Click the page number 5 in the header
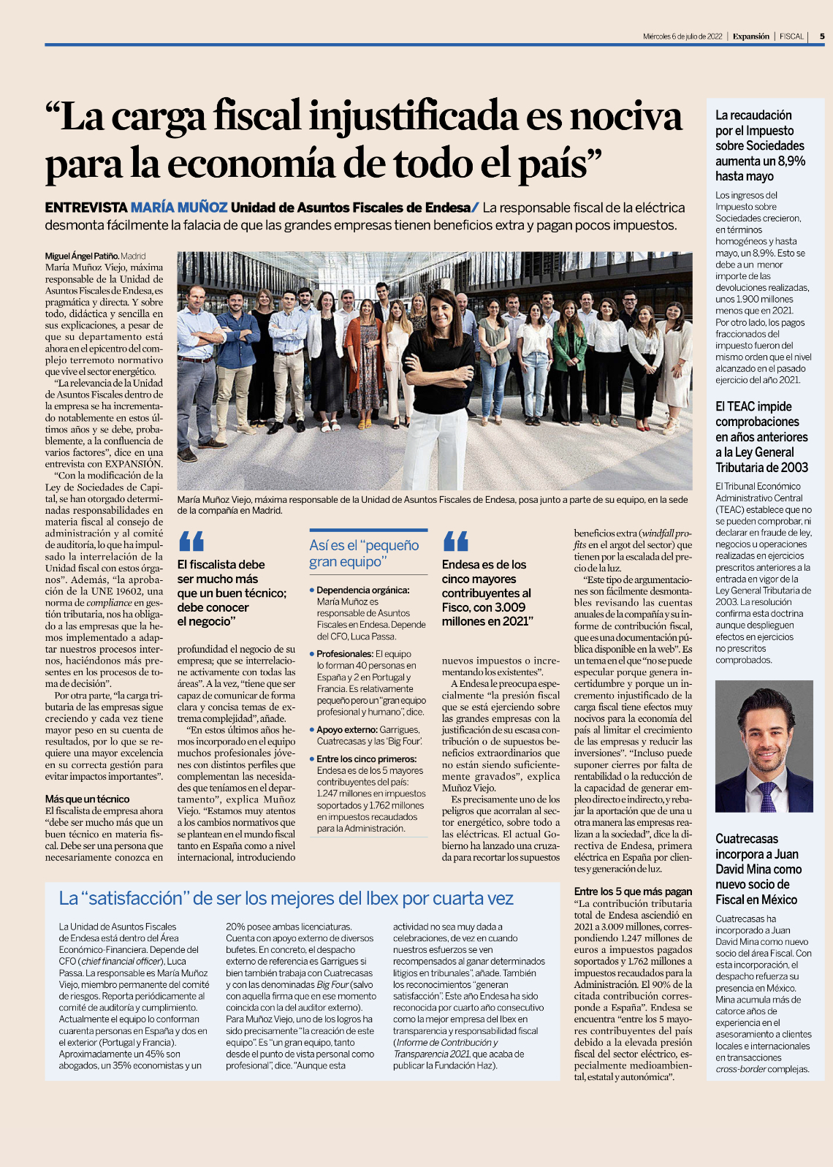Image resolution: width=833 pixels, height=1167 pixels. [x=822, y=36]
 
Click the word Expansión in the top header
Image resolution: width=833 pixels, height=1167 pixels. [x=751, y=36]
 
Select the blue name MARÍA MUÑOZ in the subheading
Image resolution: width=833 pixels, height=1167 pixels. [x=179, y=208]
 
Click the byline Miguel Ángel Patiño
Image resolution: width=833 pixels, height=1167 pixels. [x=81, y=256]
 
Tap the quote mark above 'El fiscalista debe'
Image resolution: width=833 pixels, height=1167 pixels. [x=191, y=541]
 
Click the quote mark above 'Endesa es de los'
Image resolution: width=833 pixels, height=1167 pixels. [x=455, y=541]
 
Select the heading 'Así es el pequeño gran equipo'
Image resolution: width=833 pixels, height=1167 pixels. [x=364, y=553]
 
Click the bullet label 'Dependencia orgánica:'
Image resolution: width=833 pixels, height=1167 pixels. [x=362, y=590]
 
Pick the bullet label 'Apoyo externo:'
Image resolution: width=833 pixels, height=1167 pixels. [x=346, y=729]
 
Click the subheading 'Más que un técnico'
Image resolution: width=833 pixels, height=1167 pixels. [x=87, y=799]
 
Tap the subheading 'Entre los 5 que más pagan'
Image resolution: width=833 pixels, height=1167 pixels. [x=633, y=891]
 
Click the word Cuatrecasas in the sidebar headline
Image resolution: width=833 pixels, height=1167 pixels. [x=747, y=839]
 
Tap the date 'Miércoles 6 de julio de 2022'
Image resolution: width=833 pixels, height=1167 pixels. [x=682, y=36]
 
